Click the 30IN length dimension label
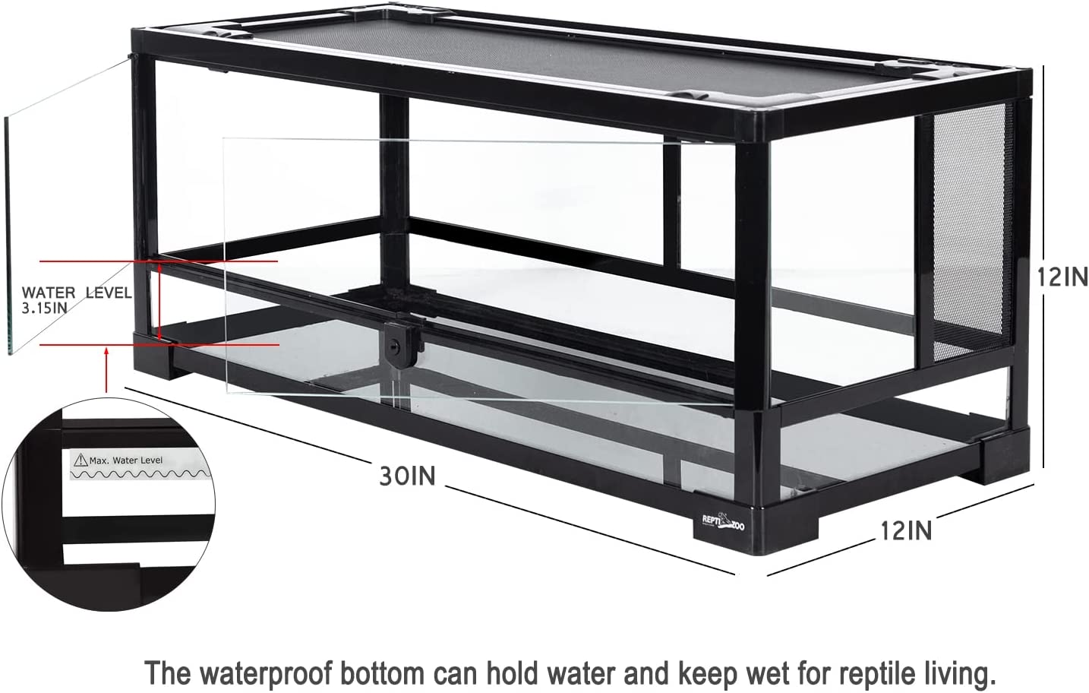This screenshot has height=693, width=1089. [x=408, y=476]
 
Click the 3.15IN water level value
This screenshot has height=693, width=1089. [x=45, y=308]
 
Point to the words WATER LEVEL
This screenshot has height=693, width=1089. [x=76, y=293]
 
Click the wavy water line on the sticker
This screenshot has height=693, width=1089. [x=137, y=474]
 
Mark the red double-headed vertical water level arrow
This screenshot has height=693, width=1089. [x=160, y=302]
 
